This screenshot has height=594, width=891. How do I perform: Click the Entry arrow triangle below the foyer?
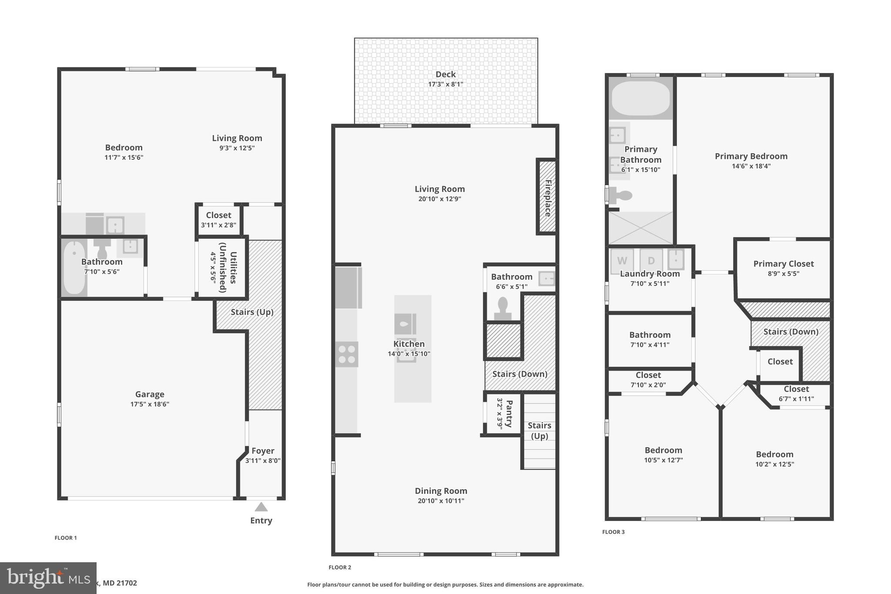[261, 507]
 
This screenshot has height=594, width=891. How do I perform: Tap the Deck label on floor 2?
[445, 74]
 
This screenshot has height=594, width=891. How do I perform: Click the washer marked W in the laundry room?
[622, 261]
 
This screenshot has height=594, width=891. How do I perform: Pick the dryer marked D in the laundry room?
[651, 261]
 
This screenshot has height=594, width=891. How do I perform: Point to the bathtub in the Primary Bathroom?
[640, 98]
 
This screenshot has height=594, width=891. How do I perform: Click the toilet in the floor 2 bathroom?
[503, 308]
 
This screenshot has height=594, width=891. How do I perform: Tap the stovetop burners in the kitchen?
[347, 354]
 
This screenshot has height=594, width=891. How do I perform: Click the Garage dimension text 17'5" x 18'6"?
[150, 404]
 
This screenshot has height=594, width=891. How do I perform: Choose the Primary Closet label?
[783, 264]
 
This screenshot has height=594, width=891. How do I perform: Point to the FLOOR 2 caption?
[340, 567]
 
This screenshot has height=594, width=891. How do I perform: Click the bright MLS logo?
[48, 578]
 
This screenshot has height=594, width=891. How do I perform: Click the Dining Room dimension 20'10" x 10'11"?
[441, 501]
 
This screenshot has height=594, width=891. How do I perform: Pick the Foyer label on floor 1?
[263, 451]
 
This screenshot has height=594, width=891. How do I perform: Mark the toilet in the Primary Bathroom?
[621, 195]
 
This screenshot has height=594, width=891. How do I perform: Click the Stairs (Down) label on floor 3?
[791, 332]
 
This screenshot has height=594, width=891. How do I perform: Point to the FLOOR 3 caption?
[613, 532]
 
